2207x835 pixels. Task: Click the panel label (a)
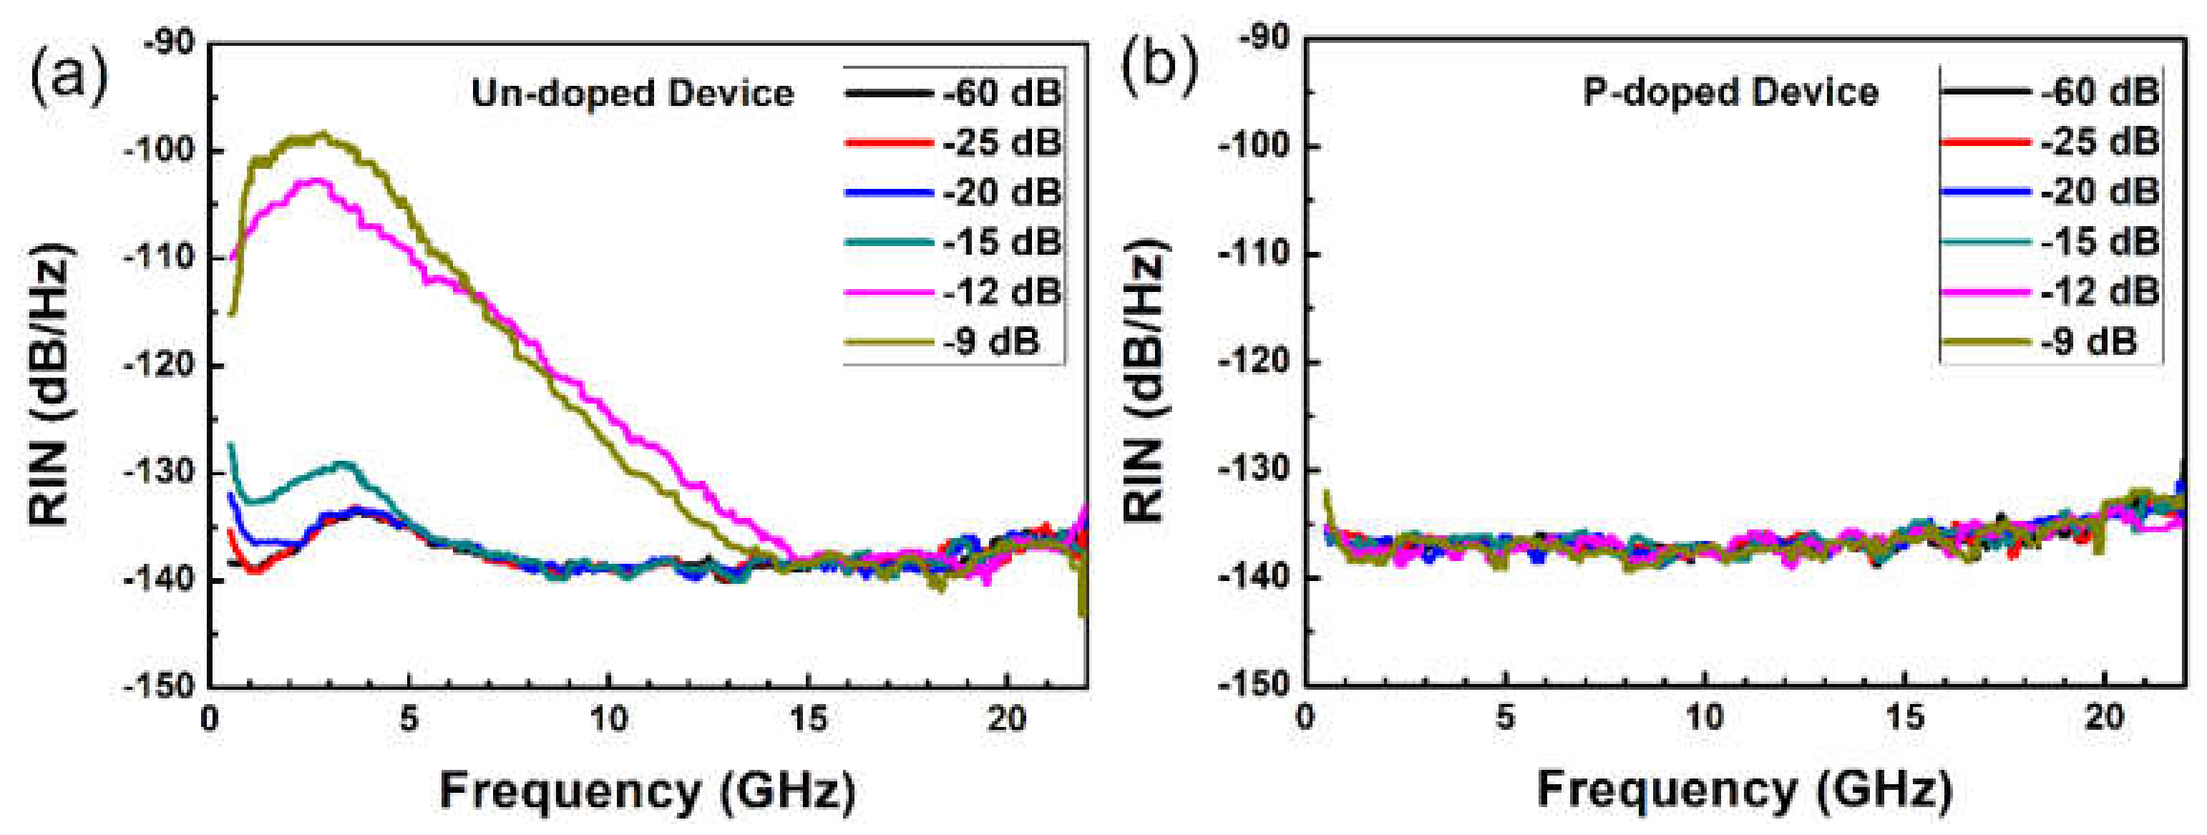[x=69, y=75]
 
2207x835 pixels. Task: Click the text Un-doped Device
[x=633, y=92]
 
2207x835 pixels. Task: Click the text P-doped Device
[x=1730, y=92]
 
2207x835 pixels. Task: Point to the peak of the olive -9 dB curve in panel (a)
[x=322, y=135]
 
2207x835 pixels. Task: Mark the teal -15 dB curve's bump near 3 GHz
[x=343, y=464]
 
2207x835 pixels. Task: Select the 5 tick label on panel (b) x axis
[x=1504, y=717]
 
